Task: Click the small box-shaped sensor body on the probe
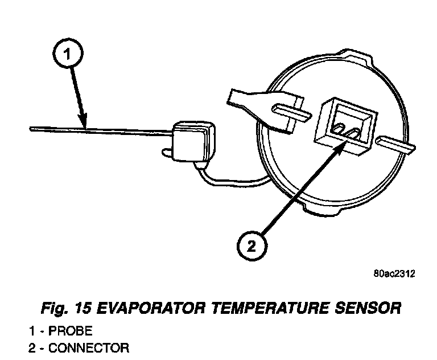tap(192, 141)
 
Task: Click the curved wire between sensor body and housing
tap(228, 180)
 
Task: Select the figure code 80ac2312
tap(394, 273)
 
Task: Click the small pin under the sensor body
tap(166, 153)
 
